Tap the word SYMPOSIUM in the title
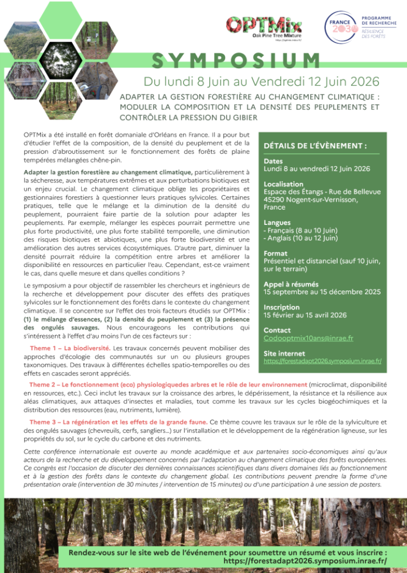(236, 60)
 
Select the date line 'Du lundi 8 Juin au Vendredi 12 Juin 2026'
(261, 82)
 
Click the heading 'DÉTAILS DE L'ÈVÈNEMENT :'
(315, 146)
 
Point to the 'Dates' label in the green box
(273, 161)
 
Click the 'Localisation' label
(283, 184)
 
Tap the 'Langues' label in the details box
(277, 223)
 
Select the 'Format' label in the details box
(275, 253)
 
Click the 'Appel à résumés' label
(291, 284)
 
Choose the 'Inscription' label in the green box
(282, 307)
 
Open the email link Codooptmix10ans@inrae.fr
(308, 338)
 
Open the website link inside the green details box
(322, 361)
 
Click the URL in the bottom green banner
(305, 560)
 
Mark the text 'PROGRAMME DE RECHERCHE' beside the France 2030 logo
(379, 21)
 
